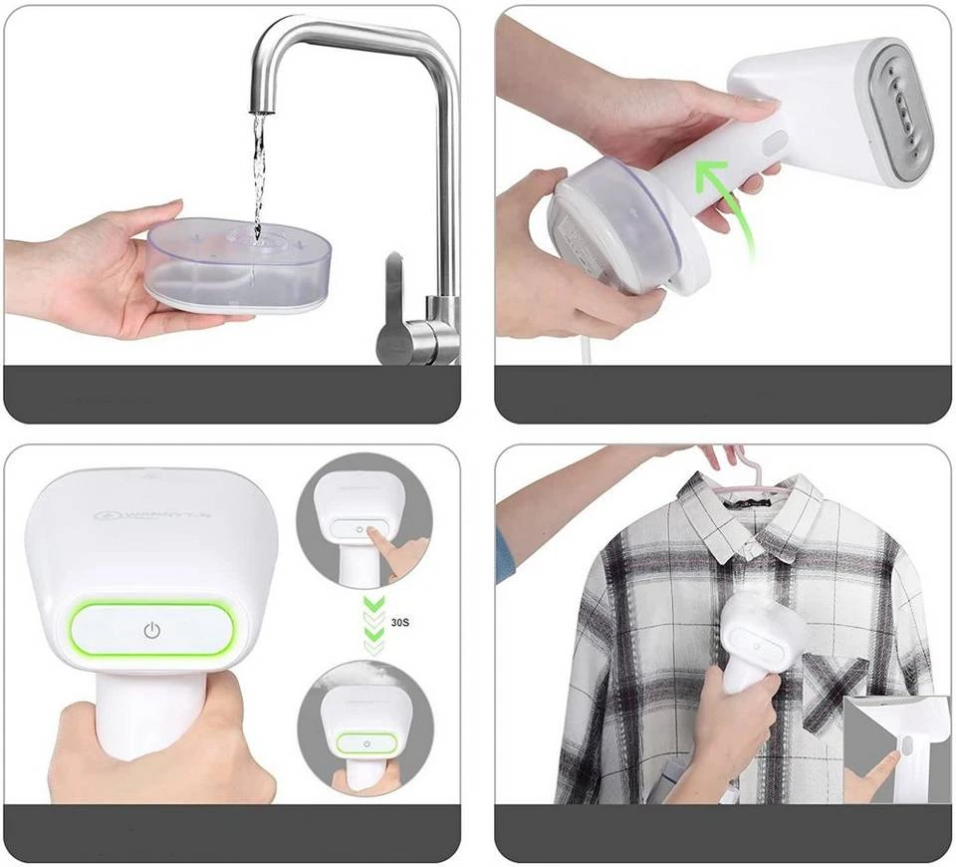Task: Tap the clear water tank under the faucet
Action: coord(239,264)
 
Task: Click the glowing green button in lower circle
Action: coord(365,743)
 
